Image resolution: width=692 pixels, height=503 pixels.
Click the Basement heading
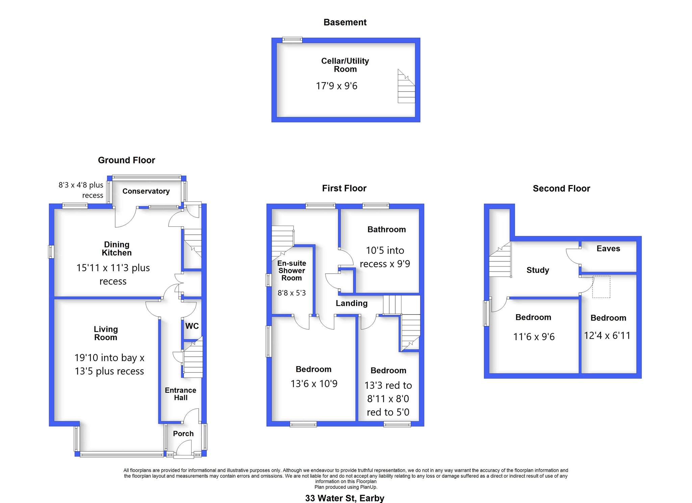[345, 22]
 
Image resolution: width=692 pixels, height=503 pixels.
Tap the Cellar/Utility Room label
[345, 65]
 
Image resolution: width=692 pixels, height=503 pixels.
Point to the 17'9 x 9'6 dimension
[337, 86]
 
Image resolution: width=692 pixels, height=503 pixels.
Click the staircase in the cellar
[406, 86]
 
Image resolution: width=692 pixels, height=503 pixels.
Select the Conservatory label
[146, 191]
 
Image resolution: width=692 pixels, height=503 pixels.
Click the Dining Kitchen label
[117, 249]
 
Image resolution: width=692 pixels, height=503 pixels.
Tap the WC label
[192, 326]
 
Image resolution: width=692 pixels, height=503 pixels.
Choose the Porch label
[183, 433]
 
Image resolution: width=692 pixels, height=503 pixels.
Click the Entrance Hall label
[180, 394]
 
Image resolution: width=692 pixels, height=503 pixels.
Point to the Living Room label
[106, 333]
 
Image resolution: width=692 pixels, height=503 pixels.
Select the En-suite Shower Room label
[292, 271]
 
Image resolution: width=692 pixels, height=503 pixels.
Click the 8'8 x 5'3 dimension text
[292, 293]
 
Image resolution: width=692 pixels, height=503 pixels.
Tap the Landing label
[351, 303]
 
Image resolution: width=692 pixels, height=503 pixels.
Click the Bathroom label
[387, 229]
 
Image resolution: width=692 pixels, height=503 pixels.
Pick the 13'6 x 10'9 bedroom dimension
[314, 384]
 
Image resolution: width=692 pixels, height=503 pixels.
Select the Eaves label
[608, 249]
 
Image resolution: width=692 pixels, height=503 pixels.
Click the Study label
[538, 270]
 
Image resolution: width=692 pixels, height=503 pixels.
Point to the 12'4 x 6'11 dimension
[607, 335]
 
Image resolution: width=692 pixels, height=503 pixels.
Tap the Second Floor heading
[561, 188]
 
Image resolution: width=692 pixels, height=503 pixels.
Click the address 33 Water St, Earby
[345, 498]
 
